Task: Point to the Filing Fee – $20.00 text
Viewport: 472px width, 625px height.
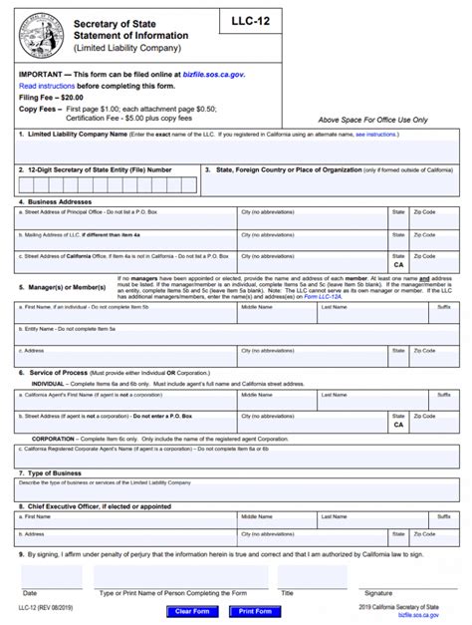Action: tap(52, 98)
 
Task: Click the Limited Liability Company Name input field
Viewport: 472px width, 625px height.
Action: tap(235, 151)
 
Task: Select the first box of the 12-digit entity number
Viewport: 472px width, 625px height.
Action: tap(25, 184)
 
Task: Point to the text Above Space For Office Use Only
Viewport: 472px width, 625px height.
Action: tap(371, 120)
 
